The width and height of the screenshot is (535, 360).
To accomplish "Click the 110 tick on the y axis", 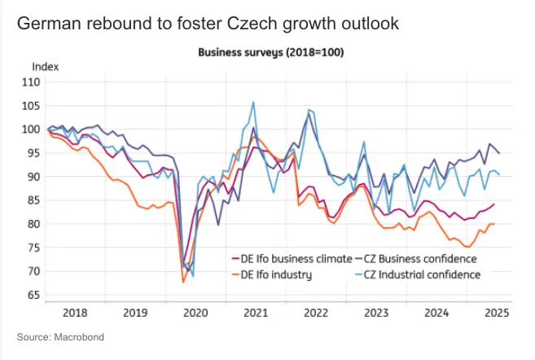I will coord(31,81).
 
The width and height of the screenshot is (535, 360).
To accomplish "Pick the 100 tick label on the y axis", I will coord(31,129).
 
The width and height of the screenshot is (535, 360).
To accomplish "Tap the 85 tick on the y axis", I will coord(33,200).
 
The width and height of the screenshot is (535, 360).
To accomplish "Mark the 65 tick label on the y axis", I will coord(33,295).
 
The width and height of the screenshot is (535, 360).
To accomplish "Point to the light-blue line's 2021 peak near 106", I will coord(253,103).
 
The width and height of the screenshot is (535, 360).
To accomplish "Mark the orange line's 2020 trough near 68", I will coord(183,282).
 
